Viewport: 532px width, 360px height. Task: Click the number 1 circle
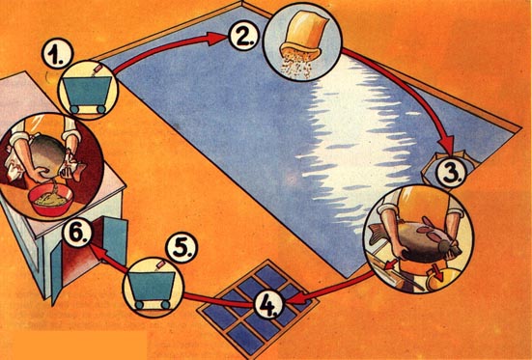[x=58, y=53]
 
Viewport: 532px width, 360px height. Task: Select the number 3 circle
[x=450, y=172]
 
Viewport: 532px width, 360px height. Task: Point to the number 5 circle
[x=182, y=247]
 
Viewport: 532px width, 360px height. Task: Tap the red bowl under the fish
[x=51, y=200]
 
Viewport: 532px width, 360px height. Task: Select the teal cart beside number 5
[x=153, y=290]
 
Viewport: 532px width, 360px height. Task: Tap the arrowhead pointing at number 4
[x=294, y=299]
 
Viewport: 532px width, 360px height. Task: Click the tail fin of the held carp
[x=376, y=233]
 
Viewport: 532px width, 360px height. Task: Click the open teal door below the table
[x=115, y=241]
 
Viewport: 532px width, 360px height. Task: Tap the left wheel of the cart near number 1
[x=74, y=109]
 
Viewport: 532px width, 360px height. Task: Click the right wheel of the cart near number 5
[x=165, y=304]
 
